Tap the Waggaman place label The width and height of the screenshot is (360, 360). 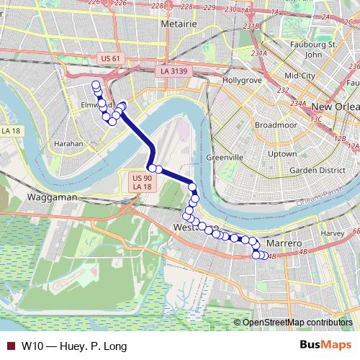50,196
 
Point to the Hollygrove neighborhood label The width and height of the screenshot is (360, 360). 243,80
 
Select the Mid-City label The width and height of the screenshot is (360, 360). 301,75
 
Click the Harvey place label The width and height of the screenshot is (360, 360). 333,233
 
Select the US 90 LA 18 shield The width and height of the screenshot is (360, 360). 143,181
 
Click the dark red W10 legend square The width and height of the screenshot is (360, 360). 9,346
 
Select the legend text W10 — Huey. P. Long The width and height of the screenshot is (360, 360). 69,346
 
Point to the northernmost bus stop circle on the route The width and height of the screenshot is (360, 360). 96,85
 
